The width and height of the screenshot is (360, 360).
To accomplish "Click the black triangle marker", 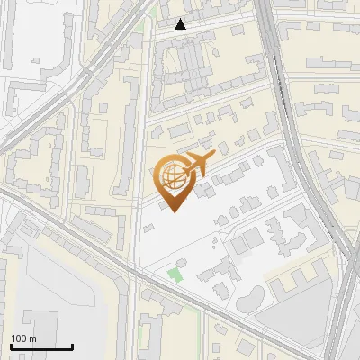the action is (181, 25).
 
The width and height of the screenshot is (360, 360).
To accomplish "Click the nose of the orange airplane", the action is (214, 155).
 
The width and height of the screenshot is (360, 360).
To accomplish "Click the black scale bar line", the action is (41, 346).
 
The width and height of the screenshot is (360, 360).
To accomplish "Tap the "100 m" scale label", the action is (23, 338).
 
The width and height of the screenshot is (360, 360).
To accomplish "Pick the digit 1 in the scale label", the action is (13, 338).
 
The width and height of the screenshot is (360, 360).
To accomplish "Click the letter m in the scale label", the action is (32, 338).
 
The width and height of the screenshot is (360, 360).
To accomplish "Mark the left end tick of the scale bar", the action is (11, 346).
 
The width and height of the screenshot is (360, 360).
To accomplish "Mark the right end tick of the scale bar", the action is (72, 346).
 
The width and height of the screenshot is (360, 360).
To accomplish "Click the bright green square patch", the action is (175, 274).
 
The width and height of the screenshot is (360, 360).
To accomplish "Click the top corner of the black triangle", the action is (181, 20).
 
